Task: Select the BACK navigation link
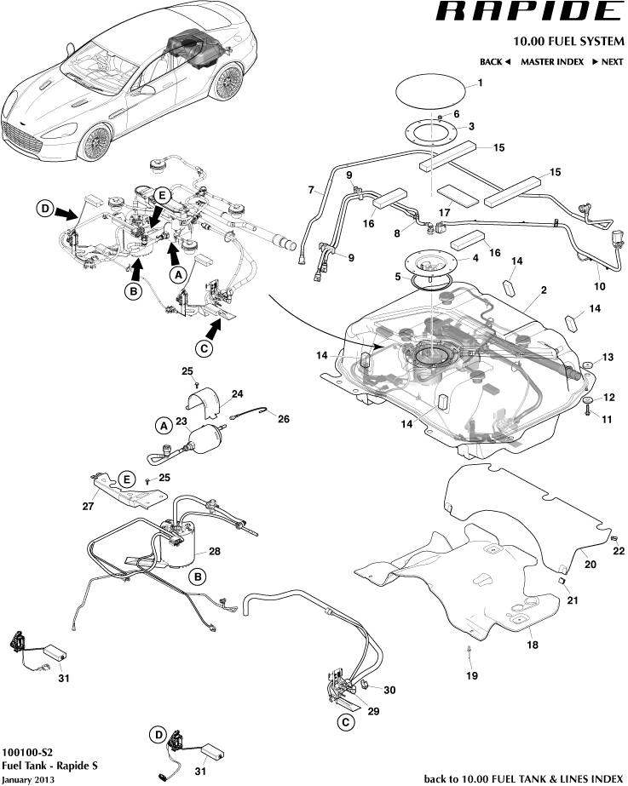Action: tap(494, 62)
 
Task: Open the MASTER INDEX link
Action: tap(552, 62)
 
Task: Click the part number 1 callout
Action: tap(480, 83)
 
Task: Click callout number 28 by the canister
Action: tap(215, 551)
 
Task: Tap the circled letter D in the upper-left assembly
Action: tap(44, 208)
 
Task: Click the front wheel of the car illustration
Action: tap(95, 141)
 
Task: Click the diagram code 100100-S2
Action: tap(27, 753)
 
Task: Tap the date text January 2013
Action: tap(27, 779)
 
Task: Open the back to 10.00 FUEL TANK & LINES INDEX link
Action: tap(523, 778)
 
